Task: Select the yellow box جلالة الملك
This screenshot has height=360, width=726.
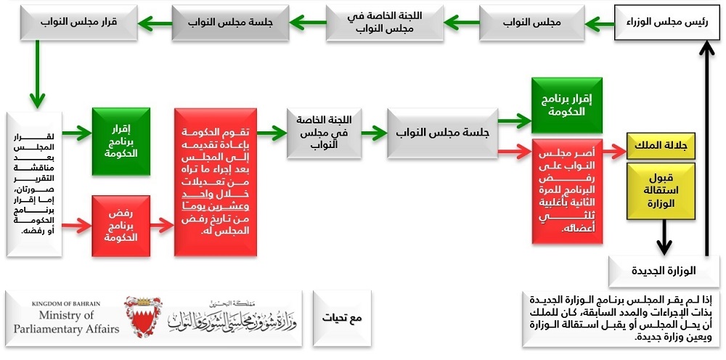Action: tap(661, 146)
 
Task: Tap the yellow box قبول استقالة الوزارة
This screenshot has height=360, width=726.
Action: tap(661, 191)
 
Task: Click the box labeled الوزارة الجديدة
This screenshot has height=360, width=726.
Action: tap(664, 271)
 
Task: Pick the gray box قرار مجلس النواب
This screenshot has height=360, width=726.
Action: tap(79, 22)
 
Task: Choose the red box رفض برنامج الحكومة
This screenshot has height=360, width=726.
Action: tap(121, 226)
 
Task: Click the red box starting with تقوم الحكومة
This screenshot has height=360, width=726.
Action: tap(216, 182)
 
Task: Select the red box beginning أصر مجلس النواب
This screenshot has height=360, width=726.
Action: tap(567, 191)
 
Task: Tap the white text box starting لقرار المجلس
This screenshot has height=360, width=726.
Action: tap(34, 184)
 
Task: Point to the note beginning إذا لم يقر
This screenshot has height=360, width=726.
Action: tap(621, 319)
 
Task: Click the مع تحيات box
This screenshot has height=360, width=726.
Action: tap(342, 319)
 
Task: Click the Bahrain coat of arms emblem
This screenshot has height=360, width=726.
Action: tap(143, 316)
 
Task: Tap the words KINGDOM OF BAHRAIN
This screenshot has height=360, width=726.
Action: tap(66, 304)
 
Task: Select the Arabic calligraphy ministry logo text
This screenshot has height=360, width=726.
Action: tap(232, 316)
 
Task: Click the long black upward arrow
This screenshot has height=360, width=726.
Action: tap(706, 147)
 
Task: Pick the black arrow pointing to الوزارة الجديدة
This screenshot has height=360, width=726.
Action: tap(664, 237)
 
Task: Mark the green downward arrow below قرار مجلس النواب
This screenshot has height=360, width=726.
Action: tap(37, 75)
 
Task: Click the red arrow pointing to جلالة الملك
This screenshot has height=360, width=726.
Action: tap(614, 151)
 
